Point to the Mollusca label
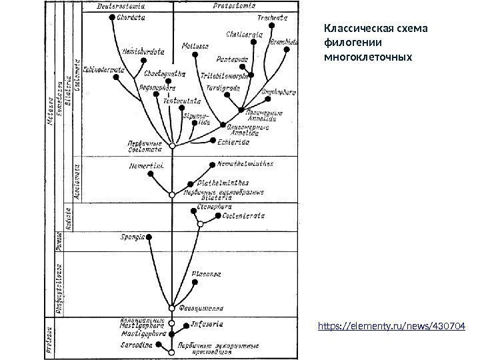(x=193, y=46)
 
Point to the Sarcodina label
(x=136, y=345)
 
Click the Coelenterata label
(x=244, y=216)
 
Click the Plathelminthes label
(x=223, y=183)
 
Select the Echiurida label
(x=234, y=141)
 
